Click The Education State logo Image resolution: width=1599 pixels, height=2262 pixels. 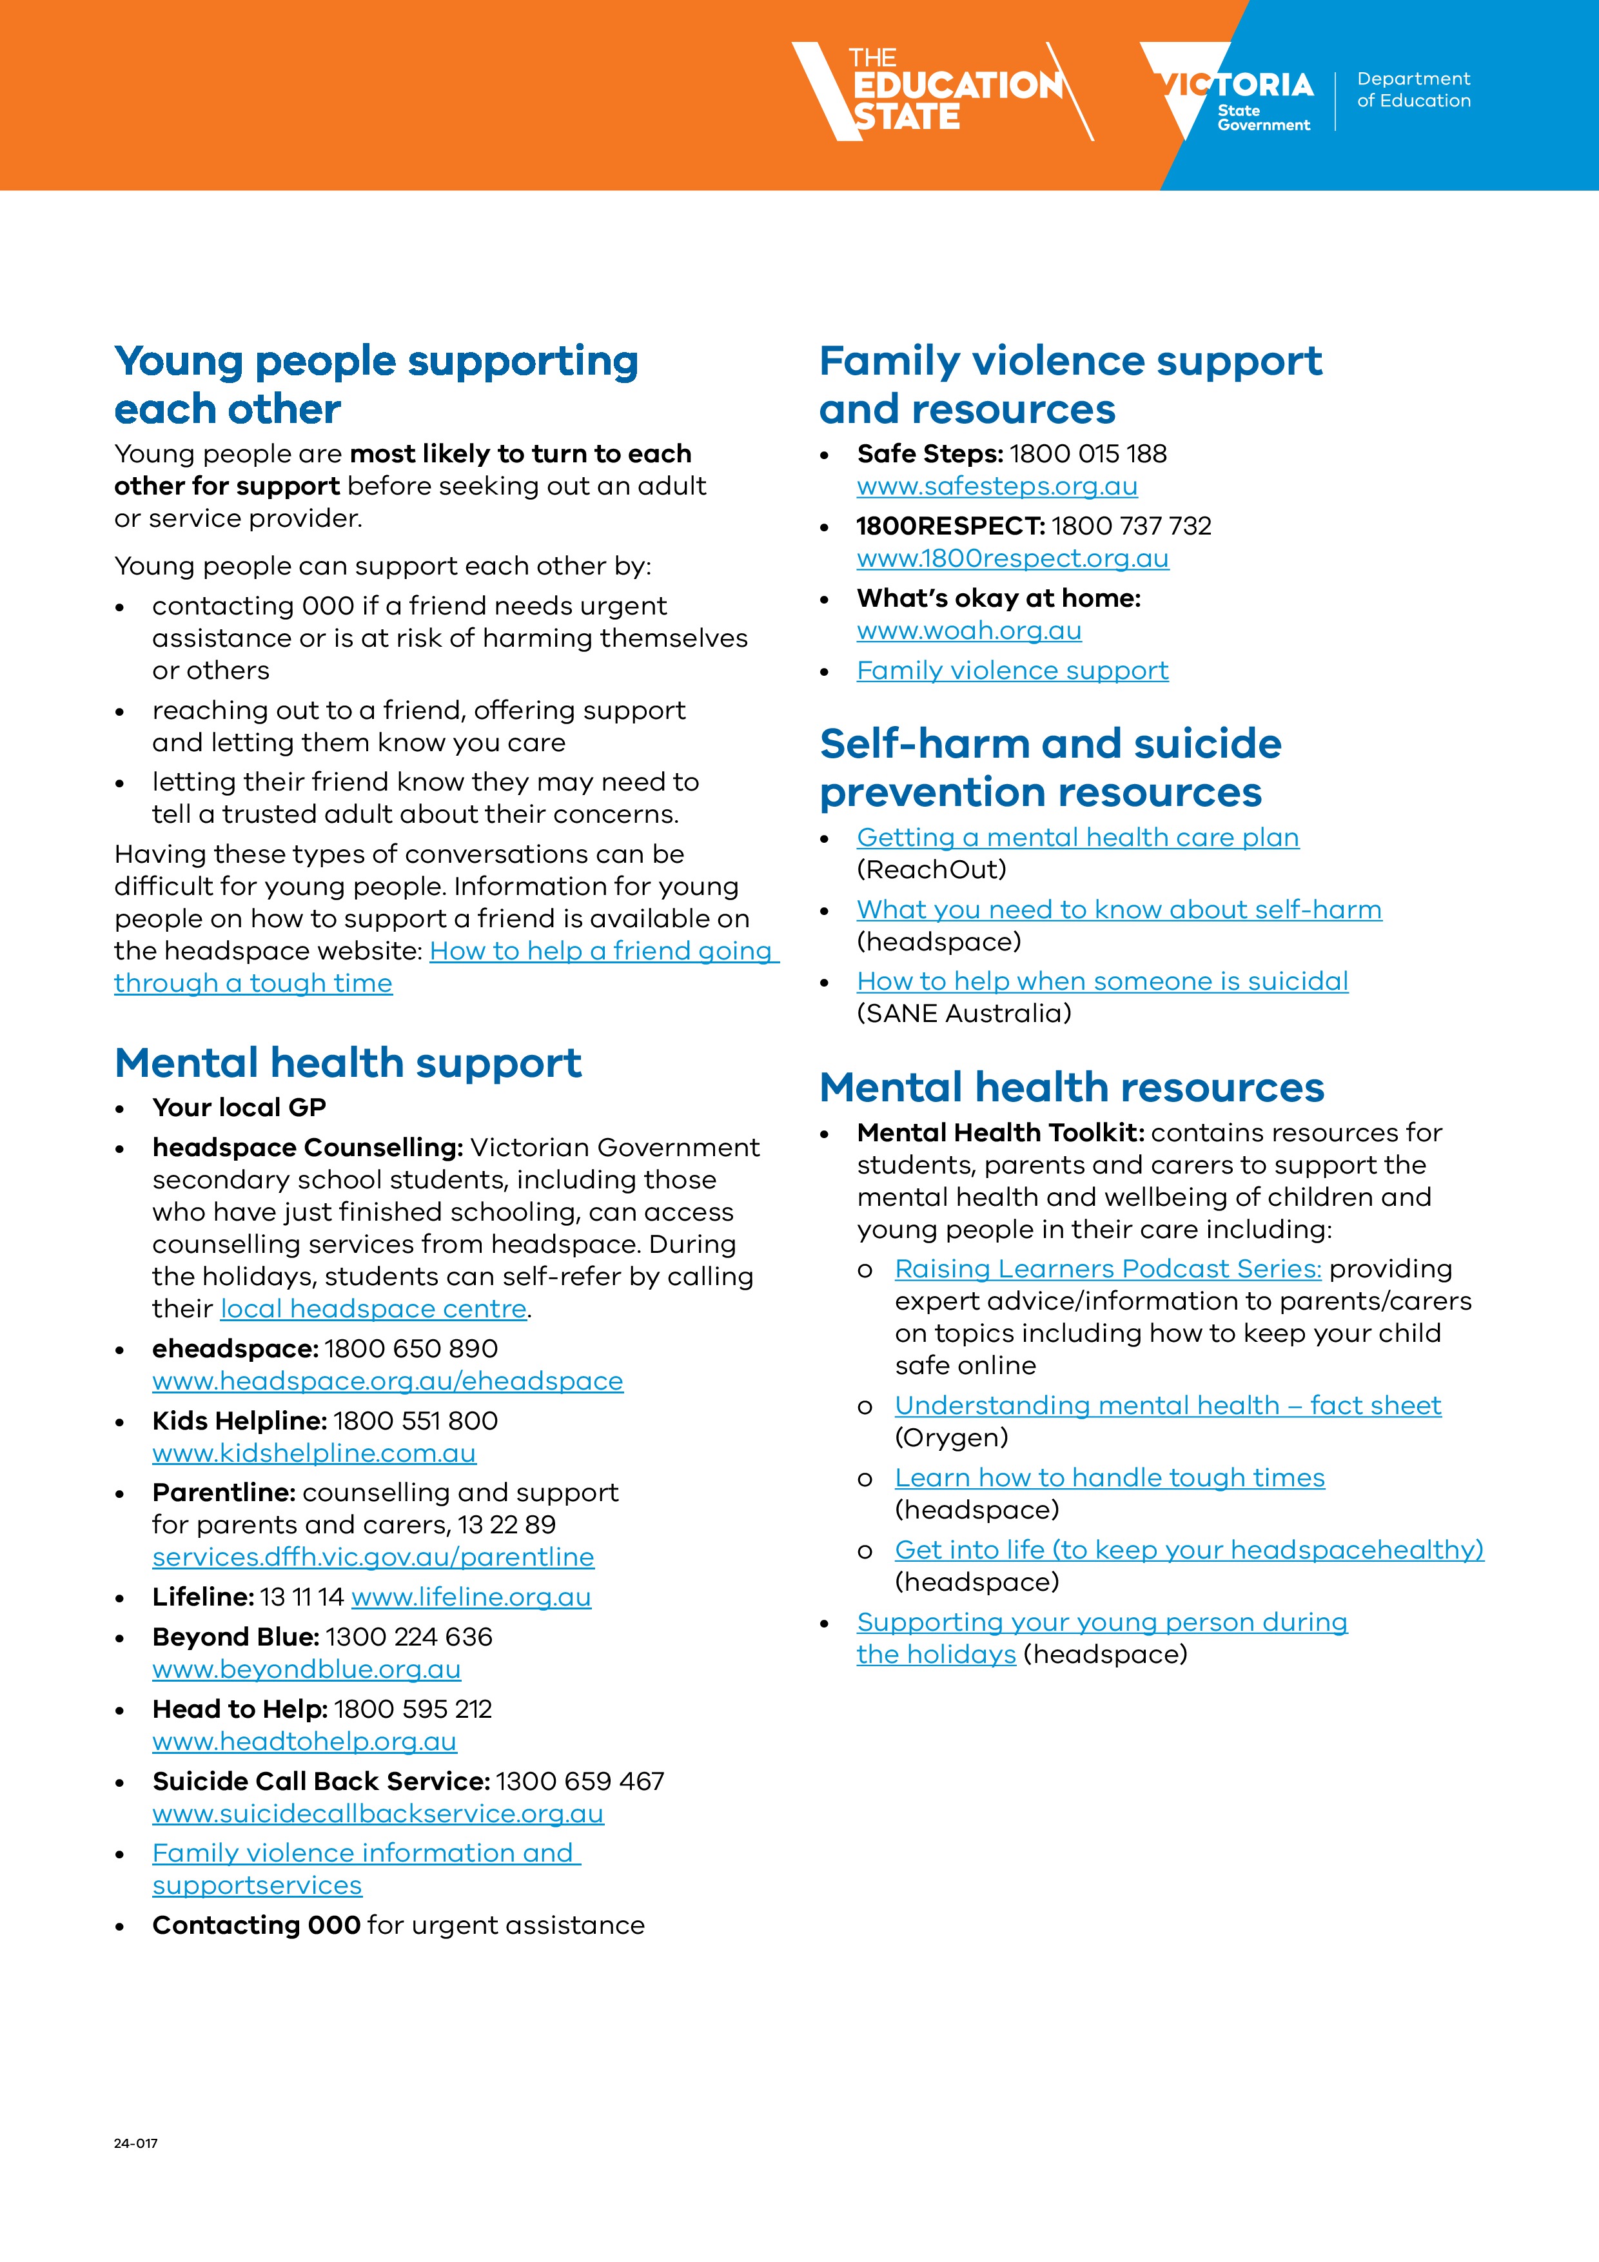click(941, 92)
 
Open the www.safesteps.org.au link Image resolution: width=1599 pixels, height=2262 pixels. click(996, 487)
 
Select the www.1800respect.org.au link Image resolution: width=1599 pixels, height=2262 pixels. click(1012, 558)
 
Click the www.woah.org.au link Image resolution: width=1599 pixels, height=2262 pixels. click(968, 631)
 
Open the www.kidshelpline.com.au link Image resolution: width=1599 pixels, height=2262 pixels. click(313, 1453)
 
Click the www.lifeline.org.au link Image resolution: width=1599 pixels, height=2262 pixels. click(471, 1597)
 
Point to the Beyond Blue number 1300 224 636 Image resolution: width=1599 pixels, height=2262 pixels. click(408, 1637)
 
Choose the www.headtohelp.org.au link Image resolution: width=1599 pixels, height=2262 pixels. click(304, 1741)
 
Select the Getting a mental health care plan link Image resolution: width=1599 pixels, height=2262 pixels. click(1077, 838)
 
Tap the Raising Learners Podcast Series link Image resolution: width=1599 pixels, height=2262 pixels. click(1108, 1269)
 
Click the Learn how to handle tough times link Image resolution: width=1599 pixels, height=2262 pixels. click(1110, 1478)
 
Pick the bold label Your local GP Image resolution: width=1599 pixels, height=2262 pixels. click(239, 1107)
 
